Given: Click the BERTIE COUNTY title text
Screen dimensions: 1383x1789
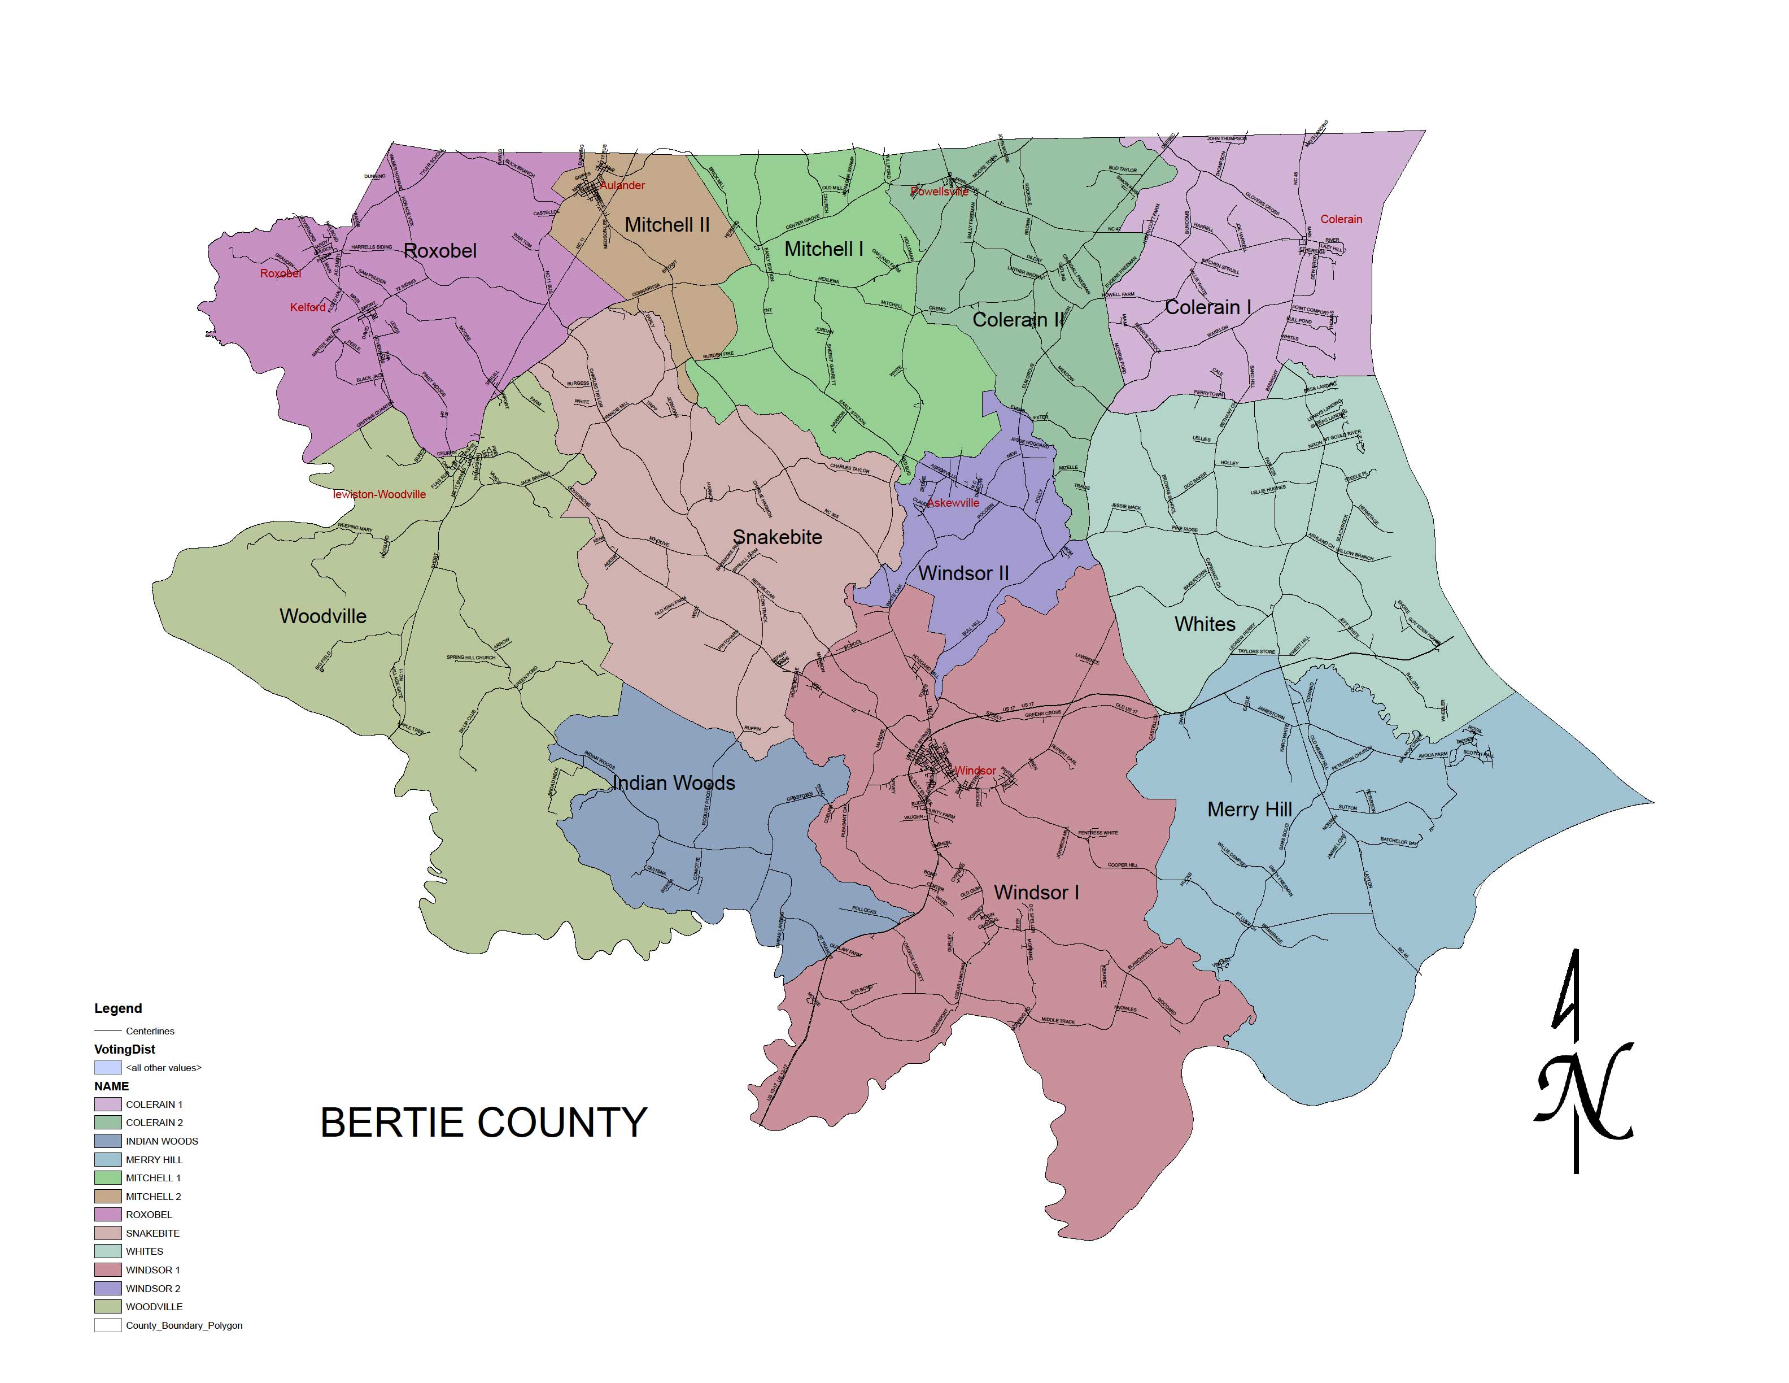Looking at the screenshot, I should [483, 1123].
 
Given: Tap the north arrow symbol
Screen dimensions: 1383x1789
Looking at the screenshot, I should [1582, 1065].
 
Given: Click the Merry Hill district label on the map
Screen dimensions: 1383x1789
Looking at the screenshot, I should [1249, 810].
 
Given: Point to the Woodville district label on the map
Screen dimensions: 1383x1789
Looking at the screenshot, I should [323, 616].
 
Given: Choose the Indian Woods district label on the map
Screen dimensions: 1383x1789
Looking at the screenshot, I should [673, 783].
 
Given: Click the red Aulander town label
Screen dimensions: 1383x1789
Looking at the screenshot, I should [622, 185].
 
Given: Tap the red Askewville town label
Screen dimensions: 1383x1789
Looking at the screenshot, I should [953, 503].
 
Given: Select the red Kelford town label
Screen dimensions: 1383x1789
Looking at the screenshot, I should [308, 307].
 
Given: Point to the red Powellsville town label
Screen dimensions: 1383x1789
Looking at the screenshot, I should [940, 192].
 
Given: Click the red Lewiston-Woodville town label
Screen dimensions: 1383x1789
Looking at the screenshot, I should [379, 494].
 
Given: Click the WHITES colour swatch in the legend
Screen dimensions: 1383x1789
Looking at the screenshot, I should [107, 1252].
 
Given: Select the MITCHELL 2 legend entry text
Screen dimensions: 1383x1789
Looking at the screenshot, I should [153, 1196].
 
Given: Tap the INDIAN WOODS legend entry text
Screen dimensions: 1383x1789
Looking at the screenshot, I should [162, 1141].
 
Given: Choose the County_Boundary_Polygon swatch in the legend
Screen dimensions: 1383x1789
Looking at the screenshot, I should [107, 1325].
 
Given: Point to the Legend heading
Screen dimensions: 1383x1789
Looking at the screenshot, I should [118, 1008].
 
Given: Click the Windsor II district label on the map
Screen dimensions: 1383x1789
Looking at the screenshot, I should [963, 573].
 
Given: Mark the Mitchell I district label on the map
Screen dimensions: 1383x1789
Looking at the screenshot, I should [823, 249].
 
